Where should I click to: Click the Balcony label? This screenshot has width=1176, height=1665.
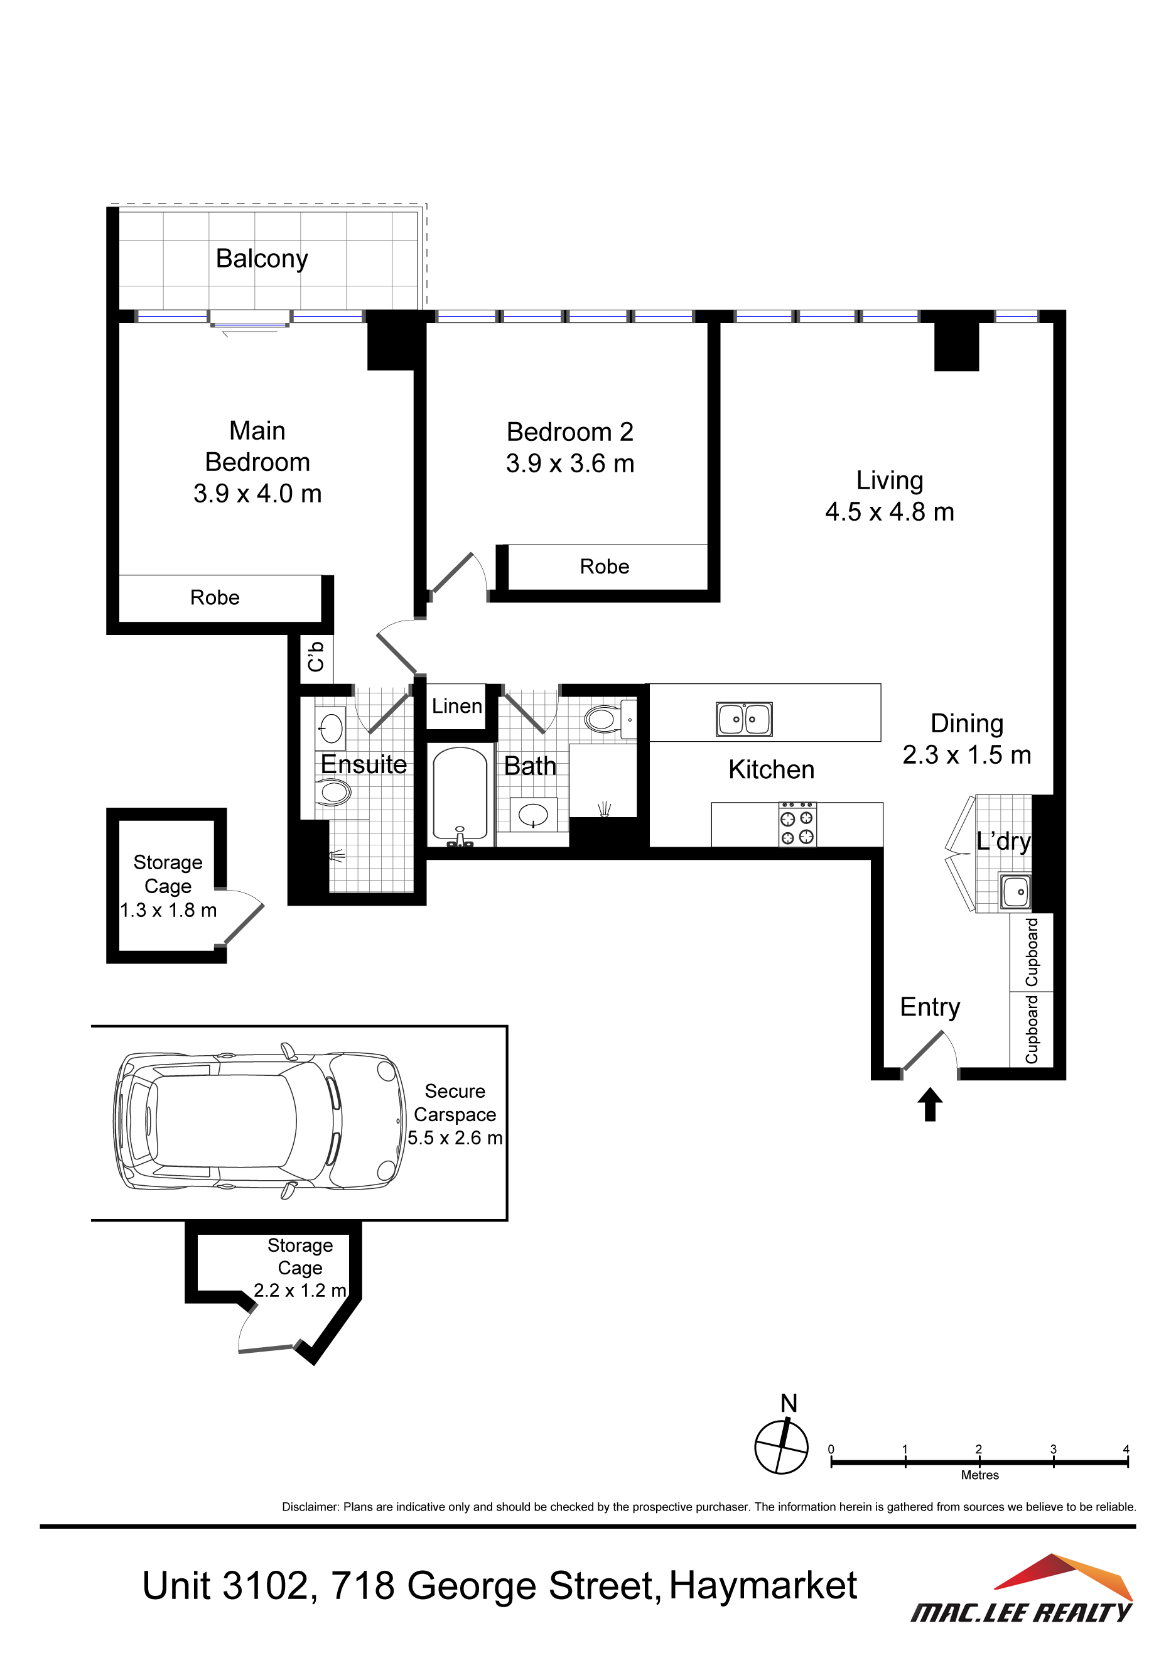point(262,259)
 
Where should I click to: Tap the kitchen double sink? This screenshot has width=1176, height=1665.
point(743,719)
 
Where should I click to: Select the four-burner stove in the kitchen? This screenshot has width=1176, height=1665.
point(797,825)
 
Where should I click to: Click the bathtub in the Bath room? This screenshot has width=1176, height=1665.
point(460,796)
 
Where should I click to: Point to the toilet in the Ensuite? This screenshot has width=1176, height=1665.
point(333,791)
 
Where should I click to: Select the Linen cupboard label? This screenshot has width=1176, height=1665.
point(456,705)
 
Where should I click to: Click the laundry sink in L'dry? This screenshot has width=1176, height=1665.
point(1015,891)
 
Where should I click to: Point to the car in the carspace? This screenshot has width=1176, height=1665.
point(259,1120)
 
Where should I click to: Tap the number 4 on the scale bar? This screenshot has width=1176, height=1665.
point(1126,1449)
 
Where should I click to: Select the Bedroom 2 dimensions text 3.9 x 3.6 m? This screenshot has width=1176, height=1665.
point(570,464)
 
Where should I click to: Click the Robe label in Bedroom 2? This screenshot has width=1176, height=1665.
point(605,567)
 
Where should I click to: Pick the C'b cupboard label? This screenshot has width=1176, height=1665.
point(316,656)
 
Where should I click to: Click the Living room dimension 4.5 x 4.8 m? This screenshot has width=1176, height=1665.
point(890,512)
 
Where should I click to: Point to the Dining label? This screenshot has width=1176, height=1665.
point(967,724)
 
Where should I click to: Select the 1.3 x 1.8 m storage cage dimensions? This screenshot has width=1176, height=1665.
point(168,910)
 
